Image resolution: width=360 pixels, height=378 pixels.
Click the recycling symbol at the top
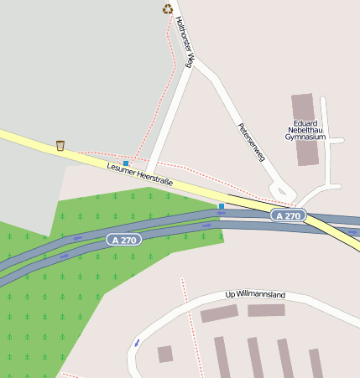(x=168, y=9)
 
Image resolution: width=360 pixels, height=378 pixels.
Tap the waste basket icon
(x=60, y=146)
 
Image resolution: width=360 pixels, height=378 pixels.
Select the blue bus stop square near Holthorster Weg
(x=126, y=163)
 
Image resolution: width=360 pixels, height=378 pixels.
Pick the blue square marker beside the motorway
(x=222, y=206)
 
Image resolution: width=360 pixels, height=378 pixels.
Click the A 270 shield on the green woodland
(x=124, y=240)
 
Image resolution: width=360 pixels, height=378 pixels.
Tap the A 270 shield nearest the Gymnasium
(x=288, y=215)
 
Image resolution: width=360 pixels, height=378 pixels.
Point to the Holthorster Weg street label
(x=186, y=48)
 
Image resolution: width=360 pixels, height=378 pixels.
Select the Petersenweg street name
(x=251, y=142)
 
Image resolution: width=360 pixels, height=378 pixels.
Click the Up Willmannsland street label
(x=256, y=295)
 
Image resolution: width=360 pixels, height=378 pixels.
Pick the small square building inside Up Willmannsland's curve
(x=165, y=354)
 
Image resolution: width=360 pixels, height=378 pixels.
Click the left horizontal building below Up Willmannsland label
(x=219, y=313)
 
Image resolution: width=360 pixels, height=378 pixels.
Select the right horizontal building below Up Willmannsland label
(x=266, y=310)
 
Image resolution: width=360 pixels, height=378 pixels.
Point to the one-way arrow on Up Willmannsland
(x=137, y=343)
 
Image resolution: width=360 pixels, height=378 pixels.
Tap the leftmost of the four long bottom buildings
(x=222, y=357)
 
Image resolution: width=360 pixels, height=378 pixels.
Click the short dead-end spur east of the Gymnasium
(x=337, y=141)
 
